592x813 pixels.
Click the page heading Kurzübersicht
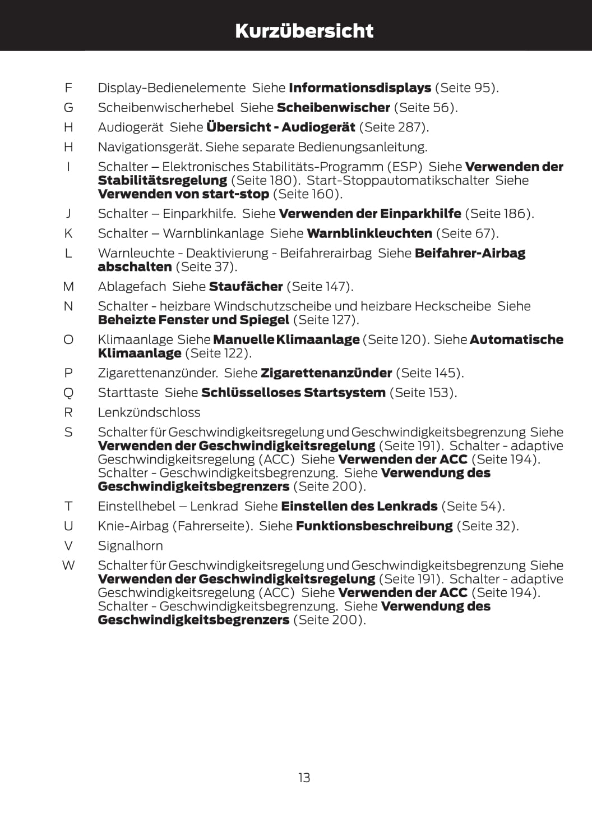coord(304,30)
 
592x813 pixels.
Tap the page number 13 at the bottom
coord(304,778)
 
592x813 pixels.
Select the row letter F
coord(68,88)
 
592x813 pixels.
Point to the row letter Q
coord(68,393)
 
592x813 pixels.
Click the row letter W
coord(68,566)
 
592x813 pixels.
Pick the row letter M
coord(68,287)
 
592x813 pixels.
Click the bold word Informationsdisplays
coord(360,88)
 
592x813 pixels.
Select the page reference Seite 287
coord(394,127)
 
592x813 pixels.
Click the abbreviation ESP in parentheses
coord(403,167)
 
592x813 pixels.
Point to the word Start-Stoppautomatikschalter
coord(398,180)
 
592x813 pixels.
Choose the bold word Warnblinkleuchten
coord(369,233)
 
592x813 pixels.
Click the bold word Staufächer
coord(246,287)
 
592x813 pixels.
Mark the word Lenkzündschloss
coord(149,412)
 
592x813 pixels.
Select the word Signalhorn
coord(130,546)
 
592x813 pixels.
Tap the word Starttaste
coord(128,393)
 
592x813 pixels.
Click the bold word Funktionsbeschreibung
coord(374,526)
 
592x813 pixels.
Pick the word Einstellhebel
coord(135,507)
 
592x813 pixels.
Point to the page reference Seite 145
coord(429,373)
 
